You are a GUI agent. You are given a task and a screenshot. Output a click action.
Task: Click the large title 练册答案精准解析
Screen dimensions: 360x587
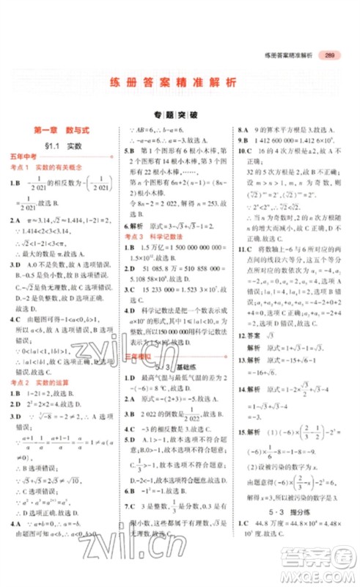coord(180,84)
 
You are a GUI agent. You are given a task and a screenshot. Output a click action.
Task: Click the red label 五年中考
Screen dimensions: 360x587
coord(26,159)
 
